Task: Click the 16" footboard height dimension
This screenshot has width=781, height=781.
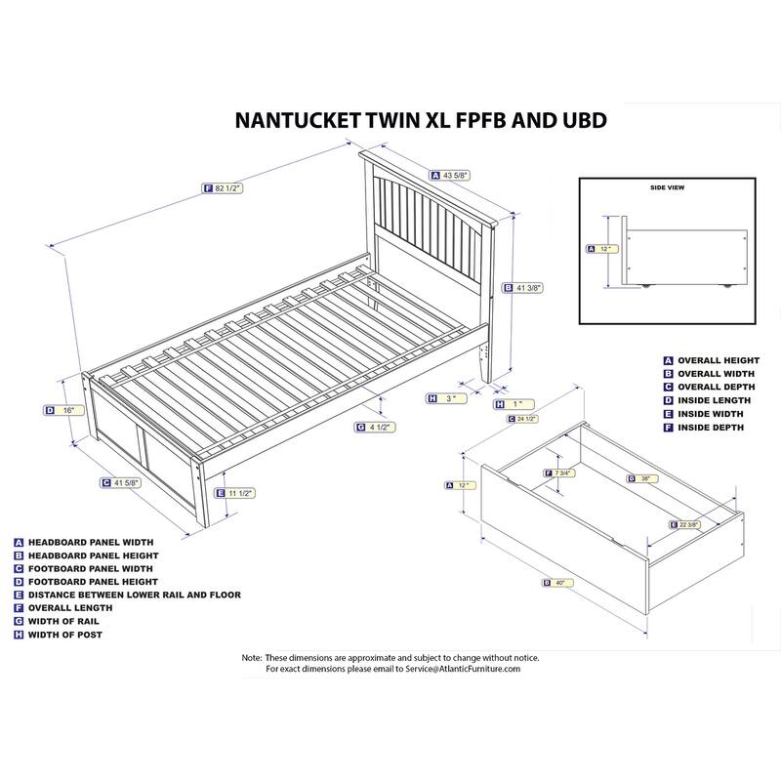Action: (x=66, y=411)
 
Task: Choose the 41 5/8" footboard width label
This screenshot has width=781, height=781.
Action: (x=122, y=482)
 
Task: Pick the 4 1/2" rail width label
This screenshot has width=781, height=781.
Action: (x=378, y=427)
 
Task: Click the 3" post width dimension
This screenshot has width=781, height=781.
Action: (x=449, y=397)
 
